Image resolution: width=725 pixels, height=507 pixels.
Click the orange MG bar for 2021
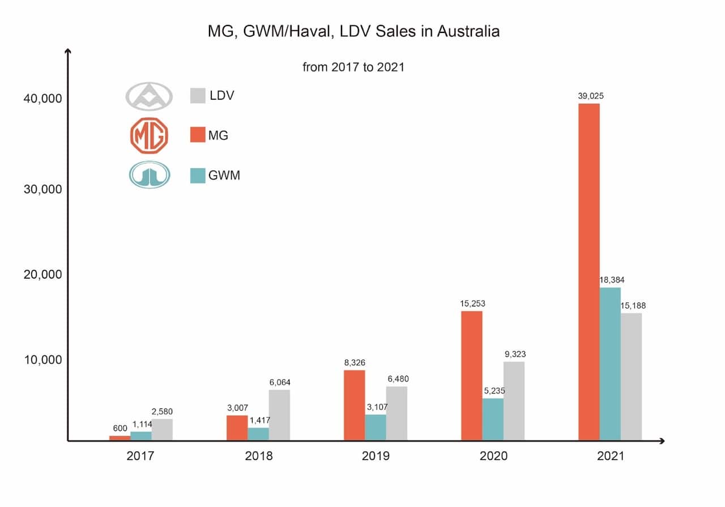point(588,272)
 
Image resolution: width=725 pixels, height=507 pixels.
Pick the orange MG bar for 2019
point(354,405)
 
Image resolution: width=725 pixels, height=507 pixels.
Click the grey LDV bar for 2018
point(279,415)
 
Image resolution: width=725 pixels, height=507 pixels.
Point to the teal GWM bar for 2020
point(492,419)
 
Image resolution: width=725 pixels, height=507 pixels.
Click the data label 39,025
point(590,96)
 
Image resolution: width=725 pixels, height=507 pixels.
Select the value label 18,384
point(612,280)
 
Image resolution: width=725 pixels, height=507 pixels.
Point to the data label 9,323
point(514,354)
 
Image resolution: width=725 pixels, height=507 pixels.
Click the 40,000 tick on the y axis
point(42,99)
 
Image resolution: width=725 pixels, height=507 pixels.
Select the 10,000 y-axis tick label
point(42,360)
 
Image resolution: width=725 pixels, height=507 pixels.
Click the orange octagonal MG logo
point(149,135)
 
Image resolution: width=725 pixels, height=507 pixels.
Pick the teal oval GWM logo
point(149,175)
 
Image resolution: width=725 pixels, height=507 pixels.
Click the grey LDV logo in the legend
point(148,96)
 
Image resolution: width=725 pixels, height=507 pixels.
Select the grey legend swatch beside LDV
point(197,96)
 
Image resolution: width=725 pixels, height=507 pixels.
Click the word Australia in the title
point(467,31)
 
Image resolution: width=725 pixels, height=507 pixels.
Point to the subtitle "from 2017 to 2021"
point(353,67)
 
